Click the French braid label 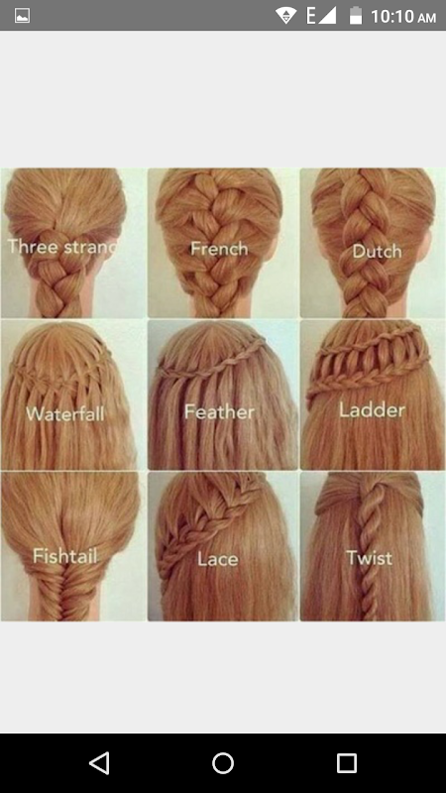click(x=219, y=249)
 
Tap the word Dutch click(x=377, y=252)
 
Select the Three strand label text click(x=61, y=247)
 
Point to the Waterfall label click(x=65, y=414)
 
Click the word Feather click(x=219, y=411)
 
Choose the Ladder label click(x=373, y=409)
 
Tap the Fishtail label click(x=65, y=556)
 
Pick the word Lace click(x=217, y=559)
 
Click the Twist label click(x=369, y=558)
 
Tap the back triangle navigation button click(x=100, y=762)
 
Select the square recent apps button click(x=346, y=762)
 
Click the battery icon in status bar click(x=356, y=16)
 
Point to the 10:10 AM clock click(x=403, y=17)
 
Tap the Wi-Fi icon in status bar click(x=285, y=16)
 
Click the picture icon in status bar click(x=22, y=16)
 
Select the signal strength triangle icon click(x=327, y=16)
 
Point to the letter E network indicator click(x=311, y=16)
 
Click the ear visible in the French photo click(x=276, y=245)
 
